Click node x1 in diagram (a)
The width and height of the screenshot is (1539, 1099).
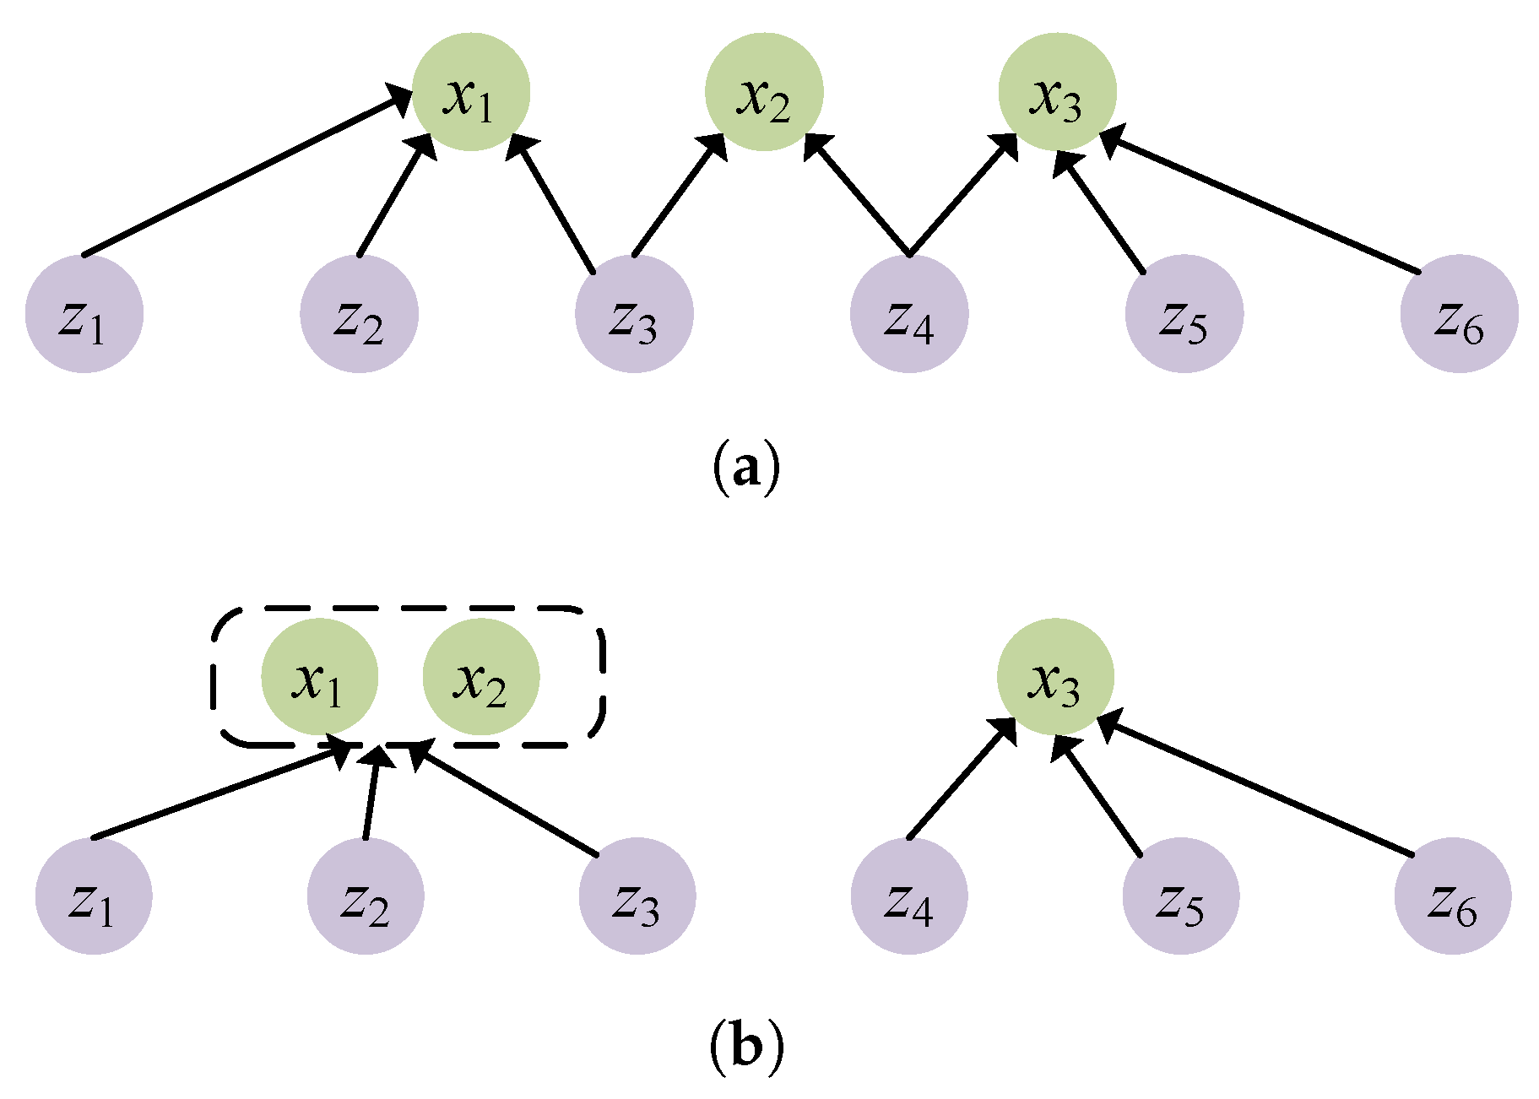click(x=470, y=92)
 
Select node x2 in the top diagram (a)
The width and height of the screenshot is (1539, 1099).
click(x=764, y=92)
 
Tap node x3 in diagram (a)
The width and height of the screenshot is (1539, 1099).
click(x=1057, y=92)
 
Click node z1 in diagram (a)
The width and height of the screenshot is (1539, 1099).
click(x=84, y=313)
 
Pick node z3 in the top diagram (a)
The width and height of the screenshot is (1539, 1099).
click(x=634, y=313)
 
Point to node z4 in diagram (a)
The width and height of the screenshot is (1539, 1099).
click(x=909, y=313)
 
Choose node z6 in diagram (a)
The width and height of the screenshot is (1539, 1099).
click(x=1459, y=313)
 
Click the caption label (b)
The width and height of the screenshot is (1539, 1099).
click(x=746, y=1048)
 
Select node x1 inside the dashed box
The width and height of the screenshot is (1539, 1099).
click(x=319, y=677)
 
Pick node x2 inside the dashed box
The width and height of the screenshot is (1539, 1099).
click(x=480, y=677)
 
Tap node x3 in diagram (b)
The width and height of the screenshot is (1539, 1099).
click(x=1055, y=677)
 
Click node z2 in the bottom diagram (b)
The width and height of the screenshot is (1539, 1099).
click(x=366, y=896)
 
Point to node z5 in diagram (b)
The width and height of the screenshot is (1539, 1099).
click(x=1181, y=896)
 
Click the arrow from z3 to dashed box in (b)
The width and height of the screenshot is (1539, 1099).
click(x=507, y=801)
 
